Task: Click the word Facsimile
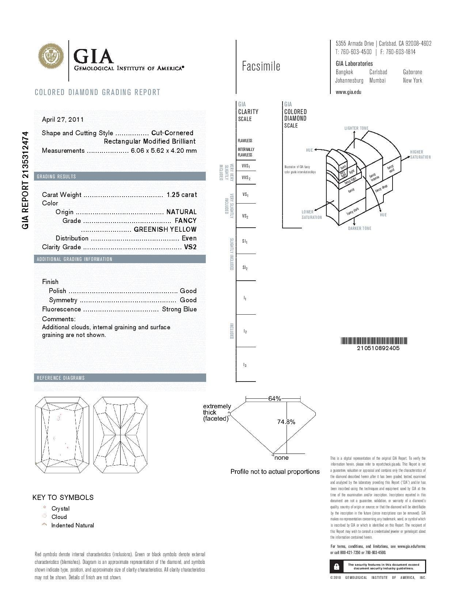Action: tap(261, 66)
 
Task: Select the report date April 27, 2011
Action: tap(63, 120)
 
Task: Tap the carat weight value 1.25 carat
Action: tap(181, 195)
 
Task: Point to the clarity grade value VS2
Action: tap(190, 247)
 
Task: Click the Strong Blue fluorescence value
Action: tap(179, 309)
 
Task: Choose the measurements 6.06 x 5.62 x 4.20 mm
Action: tap(164, 151)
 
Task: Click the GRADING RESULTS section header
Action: tap(57, 177)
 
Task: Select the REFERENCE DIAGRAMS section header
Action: tap(61, 378)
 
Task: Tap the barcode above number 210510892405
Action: tap(374, 341)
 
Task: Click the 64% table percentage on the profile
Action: tap(274, 399)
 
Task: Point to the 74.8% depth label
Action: tap(286, 422)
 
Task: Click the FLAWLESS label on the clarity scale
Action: tap(245, 141)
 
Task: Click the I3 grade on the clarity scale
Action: tap(245, 365)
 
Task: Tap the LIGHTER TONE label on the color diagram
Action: tap(356, 128)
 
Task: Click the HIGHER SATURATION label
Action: tap(420, 155)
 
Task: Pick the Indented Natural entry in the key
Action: tap(72, 526)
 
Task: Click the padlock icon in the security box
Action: tap(337, 566)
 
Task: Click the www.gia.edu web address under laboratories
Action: tap(348, 92)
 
